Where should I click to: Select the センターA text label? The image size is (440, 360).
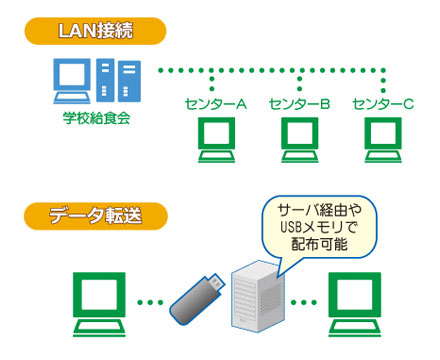[x=216, y=104]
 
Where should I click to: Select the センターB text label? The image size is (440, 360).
[x=299, y=104]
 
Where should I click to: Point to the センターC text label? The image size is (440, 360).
[x=383, y=104]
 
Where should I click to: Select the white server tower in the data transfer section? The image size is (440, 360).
[x=256, y=296]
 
